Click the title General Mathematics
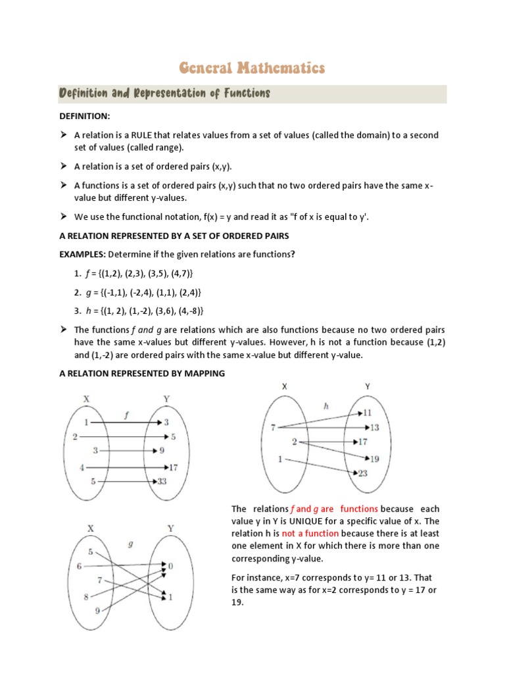(252, 67)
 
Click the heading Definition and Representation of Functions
(165, 93)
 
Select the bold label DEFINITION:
(85, 116)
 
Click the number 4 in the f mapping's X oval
(82, 467)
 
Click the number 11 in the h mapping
(367, 413)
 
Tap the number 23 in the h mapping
(363, 472)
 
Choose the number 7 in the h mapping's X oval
(273, 428)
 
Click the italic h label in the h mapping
(325, 406)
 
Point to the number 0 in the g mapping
(170, 565)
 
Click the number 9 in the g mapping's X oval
(97, 611)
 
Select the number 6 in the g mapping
(80, 565)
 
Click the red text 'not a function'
(310, 533)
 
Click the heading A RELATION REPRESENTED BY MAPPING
(142, 373)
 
